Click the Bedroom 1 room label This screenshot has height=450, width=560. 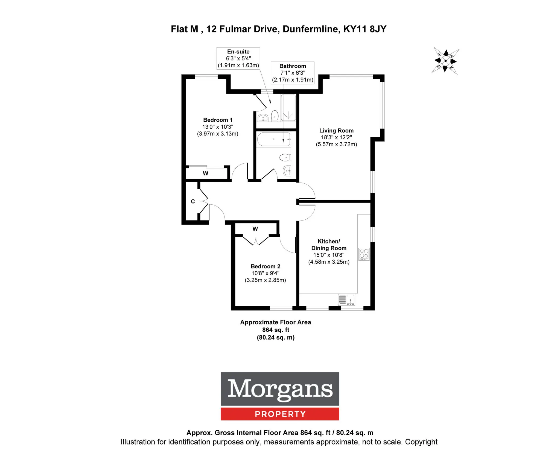[x=218, y=120]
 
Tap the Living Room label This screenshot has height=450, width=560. [x=336, y=131]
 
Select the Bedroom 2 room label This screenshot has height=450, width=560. [x=265, y=266]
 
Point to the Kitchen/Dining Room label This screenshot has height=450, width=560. [x=329, y=245]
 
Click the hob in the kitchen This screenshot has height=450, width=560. [x=364, y=254]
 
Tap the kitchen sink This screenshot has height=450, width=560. [x=347, y=299]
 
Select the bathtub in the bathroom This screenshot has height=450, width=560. [x=273, y=139]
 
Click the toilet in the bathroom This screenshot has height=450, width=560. [x=285, y=157]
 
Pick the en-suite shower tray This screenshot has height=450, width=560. [x=288, y=108]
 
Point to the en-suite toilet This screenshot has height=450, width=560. [x=275, y=116]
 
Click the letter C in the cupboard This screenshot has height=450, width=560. [x=193, y=201]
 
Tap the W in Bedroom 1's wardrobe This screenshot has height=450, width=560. [x=206, y=173]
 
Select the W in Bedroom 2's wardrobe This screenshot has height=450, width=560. [x=255, y=229]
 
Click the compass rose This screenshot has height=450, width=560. [x=445, y=61]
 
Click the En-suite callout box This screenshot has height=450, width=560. [x=238, y=58]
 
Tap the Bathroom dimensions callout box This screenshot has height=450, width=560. [x=293, y=73]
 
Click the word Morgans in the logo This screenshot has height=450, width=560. [x=280, y=389]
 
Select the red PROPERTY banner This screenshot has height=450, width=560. [x=280, y=414]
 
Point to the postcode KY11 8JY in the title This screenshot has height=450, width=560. [x=365, y=29]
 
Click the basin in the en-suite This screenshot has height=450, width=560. [x=263, y=117]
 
